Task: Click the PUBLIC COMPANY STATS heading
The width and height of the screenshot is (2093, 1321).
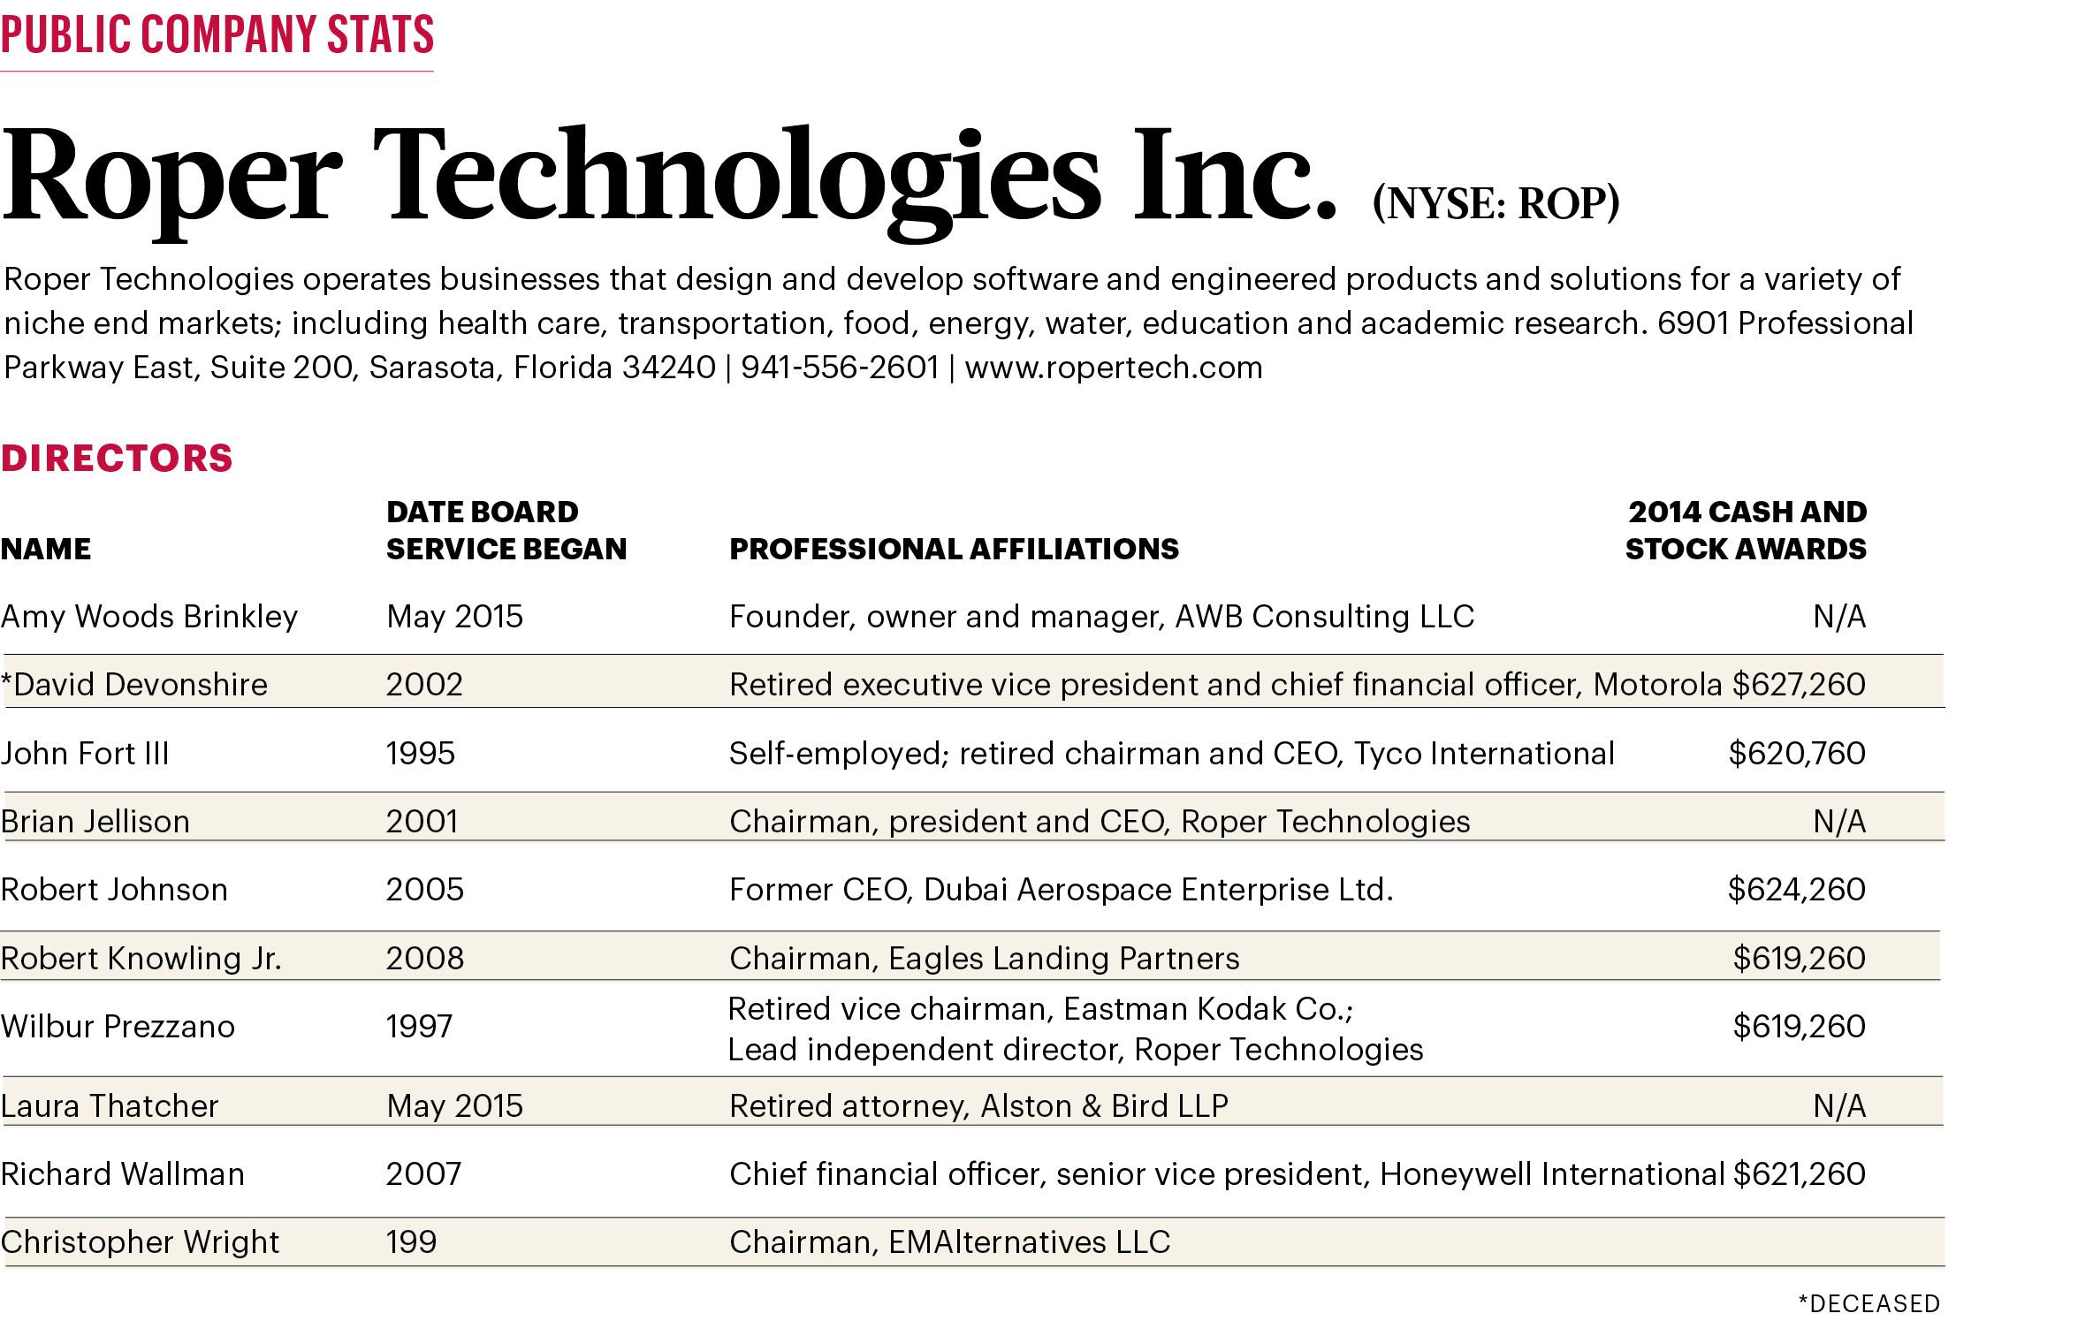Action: pyautogui.click(x=217, y=35)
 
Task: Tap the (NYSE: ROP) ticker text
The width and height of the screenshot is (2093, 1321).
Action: pyautogui.click(x=1496, y=204)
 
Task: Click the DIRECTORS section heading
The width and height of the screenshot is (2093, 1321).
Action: pyautogui.click(x=117, y=459)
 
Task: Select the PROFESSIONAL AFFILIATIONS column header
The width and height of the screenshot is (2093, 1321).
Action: pyautogui.click(x=954, y=550)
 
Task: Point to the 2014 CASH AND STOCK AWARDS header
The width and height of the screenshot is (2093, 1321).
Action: pyautogui.click(x=1746, y=530)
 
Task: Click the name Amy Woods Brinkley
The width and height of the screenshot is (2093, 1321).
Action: pyautogui.click(x=149, y=617)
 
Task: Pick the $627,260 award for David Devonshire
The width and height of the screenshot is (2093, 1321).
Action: pyautogui.click(x=1799, y=685)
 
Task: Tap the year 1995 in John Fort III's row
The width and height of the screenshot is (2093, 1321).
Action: pyautogui.click(x=421, y=754)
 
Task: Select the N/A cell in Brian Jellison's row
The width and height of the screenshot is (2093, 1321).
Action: pyautogui.click(x=1839, y=822)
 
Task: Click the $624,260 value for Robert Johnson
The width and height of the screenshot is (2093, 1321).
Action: pyautogui.click(x=1796, y=890)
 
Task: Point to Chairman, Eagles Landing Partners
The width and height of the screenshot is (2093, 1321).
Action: pyautogui.click(x=984, y=959)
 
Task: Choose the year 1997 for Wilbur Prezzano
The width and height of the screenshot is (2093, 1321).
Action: pyautogui.click(x=420, y=1027)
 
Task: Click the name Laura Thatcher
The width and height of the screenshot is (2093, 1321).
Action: pyautogui.click(x=110, y=1106)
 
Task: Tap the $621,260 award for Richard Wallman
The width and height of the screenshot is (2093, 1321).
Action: pyautogui.click(x=1799, y=1174)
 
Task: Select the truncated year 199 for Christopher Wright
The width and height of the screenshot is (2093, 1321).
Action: pyautogui.click(x=412, y=1242)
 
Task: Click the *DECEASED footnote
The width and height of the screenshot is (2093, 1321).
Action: pyautogui.click(x=1868, y=1303)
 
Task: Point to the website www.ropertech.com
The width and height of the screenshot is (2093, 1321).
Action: pyautogui.click(x=1114, y=368)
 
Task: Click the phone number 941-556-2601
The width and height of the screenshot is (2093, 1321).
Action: pyautogui.click(x=839, y=368)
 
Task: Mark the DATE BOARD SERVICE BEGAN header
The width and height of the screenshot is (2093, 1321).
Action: pyautogui.click(x=506, y=530)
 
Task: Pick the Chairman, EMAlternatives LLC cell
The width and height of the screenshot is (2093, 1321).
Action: pyautogui.click(x=949, y=1242)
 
